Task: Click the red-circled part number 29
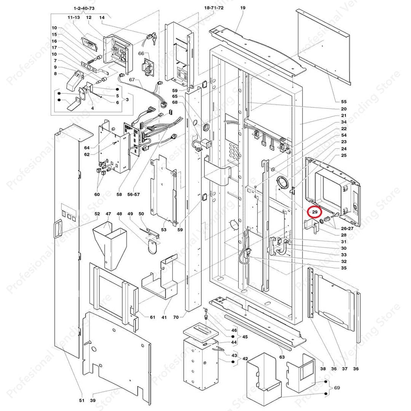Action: [315, 212]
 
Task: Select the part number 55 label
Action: [344, 102]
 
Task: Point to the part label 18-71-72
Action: [213, 8]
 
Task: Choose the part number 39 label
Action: [93, 400]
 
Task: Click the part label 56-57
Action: [134, 194]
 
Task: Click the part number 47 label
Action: [108, 214]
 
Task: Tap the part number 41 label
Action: [164, 317]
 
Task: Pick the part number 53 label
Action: [164, 229]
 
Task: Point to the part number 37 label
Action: [345, 368]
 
